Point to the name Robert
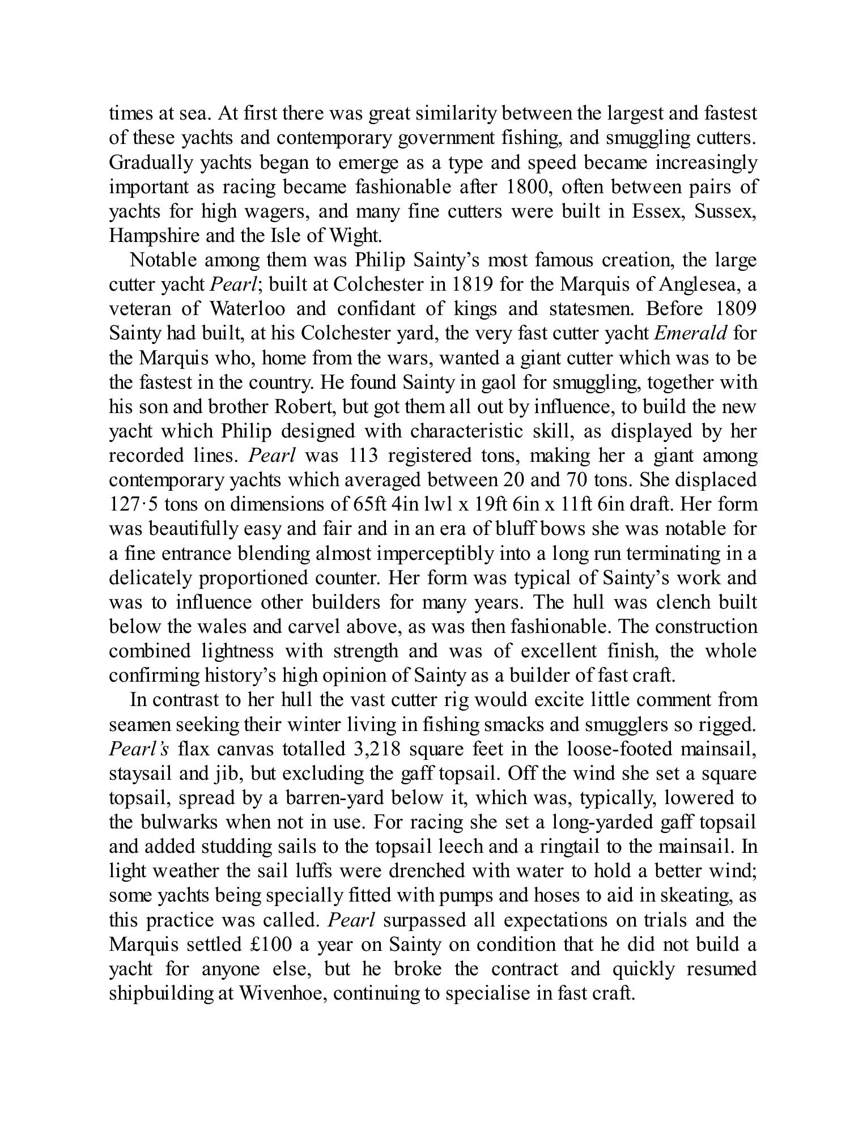pos(303,407)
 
